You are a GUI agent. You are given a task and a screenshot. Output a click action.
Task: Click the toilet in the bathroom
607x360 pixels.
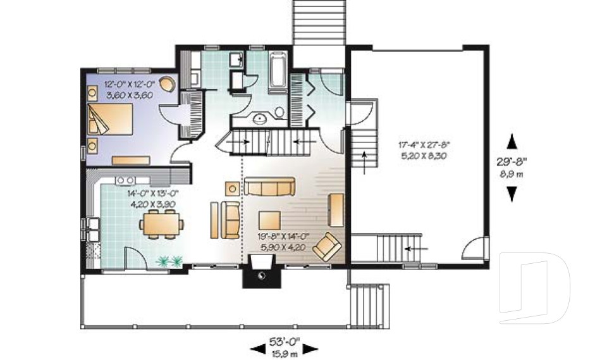(280, 112)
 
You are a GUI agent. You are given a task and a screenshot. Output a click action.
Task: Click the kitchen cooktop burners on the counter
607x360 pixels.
(123, 181)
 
